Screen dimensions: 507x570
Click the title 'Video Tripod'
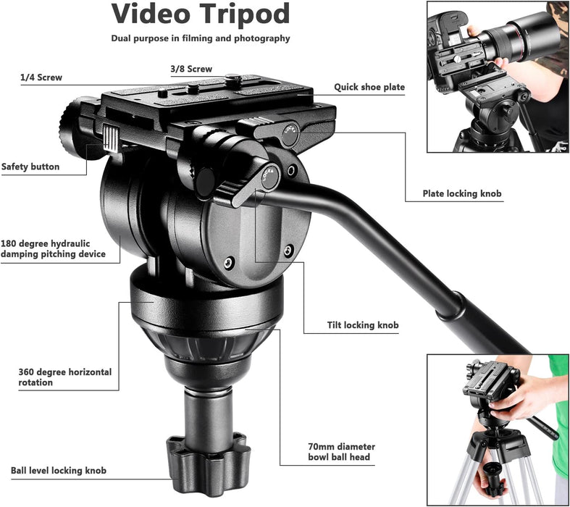point(201,14)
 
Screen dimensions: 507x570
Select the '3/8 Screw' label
point(191,69)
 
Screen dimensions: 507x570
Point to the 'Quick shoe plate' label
point(369,88)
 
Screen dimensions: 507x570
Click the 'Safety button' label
point(30,167)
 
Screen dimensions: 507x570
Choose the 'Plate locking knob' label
point(462,193)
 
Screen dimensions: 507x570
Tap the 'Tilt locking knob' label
point(362,325)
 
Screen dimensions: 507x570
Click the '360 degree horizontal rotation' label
point(65,377)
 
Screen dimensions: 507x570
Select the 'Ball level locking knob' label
point(59,471)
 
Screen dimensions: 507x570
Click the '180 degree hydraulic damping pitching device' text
point(54,248)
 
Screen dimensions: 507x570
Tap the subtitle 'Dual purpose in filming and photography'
point(201,38)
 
